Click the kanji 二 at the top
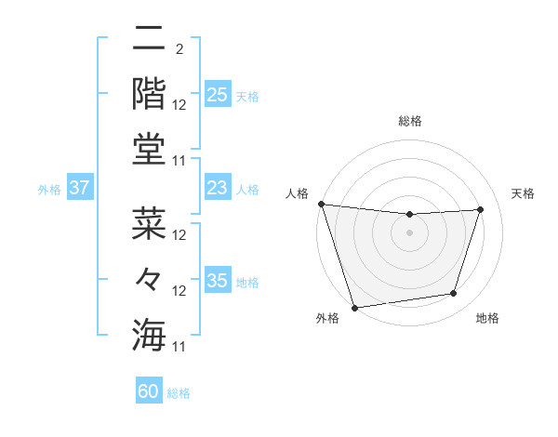tap(148, 39)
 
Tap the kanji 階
tap(148, 92)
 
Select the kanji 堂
tap(148, 149)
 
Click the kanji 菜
tap(148, 223)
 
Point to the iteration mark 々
tap(148, 278)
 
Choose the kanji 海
tap(148, 334)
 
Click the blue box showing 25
tap(218, 94)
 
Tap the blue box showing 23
tap(218, 188)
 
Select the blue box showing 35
tap(218, 281)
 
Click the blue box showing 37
tap(80, 188)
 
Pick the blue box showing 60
tap(149, 391)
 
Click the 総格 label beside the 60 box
tap(179, 393)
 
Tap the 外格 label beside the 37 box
tap(49, 189)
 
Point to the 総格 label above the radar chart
tap(409, 121)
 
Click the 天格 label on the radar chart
tap(524, 193)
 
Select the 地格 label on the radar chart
tap(487, 319)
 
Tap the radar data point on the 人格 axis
tap(321, 204)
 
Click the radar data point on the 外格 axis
tap(354, 308)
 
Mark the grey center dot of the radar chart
tap(409, 232)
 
